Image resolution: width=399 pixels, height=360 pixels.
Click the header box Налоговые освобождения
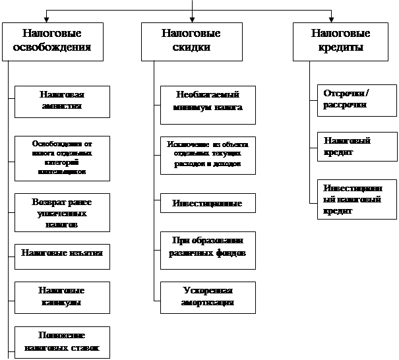pyautogui.click(x=52, y=41)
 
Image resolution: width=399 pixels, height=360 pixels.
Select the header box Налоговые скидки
pyautogui.click(x=191, y=41)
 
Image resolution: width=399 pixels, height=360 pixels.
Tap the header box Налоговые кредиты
pyautogui.click(x=340, y=41)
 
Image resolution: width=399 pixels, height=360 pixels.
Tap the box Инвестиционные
pyautogui.click(x=208, y=203)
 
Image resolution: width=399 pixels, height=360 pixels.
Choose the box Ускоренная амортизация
pyautogui.click(x=208, y=297)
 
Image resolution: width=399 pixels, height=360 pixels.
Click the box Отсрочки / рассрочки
pyautogui.click(x=349, y=100)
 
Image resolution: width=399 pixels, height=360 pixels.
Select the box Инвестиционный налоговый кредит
pyautogui.click(x=349, y=198)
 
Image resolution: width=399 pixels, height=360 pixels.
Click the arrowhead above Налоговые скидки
pyautogui.click(x=191, y=19)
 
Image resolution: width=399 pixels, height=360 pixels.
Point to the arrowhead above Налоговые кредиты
pyautogui.click(x=330, y=19)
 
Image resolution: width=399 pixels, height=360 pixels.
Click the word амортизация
pyautogui.click(x=208, y=303)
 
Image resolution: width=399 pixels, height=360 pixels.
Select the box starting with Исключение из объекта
pyautogui.click(x=208, y=156)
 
